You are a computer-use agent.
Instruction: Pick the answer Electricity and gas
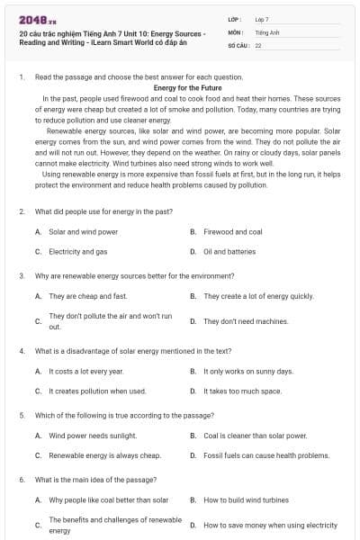(x=77, y=252)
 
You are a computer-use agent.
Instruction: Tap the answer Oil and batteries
(x=229, y=252)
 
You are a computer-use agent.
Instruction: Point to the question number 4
(x=22, y=351)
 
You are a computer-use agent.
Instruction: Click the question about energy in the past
(x=103, y=211)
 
